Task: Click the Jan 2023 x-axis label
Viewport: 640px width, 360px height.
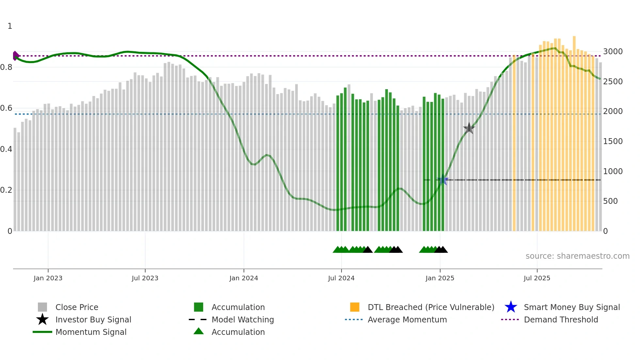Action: (48, 278)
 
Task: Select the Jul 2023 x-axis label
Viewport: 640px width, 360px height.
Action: (145, 278)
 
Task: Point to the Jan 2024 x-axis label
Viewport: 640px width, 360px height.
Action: (244, 278)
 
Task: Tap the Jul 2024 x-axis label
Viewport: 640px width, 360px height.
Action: (341, 278)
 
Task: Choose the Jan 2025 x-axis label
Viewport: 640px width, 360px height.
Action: (440, 278)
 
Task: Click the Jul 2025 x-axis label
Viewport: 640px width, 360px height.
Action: (537, 278)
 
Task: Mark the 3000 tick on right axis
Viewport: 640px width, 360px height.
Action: (613, 52)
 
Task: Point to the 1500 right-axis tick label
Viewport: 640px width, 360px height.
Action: (613, 141)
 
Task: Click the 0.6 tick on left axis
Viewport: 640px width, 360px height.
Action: (6, 108)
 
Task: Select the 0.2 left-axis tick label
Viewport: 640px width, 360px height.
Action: (6, 190)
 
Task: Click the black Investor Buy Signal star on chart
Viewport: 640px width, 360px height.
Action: (469, 128)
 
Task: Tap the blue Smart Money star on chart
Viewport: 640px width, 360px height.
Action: (443, 180)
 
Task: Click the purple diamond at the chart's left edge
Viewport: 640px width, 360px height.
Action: (15, 56)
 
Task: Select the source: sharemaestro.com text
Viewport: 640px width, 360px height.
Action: (577, 256)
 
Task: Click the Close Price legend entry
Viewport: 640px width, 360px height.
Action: (76, 307)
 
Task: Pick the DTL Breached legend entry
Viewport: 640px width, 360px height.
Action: (431, 307)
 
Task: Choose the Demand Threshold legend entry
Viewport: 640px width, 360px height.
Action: (561, 320)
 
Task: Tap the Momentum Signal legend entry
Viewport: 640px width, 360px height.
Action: (91, 332)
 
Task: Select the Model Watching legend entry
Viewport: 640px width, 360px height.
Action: (242, 320)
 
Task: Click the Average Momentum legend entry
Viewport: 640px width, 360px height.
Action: (407, 320)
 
